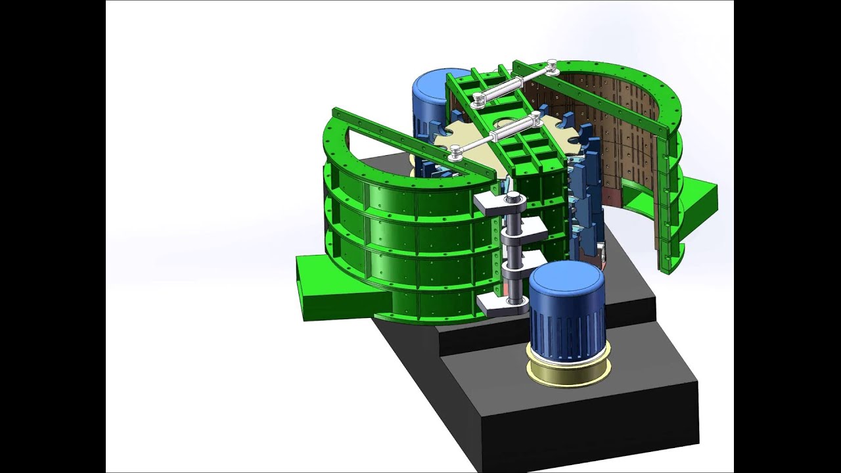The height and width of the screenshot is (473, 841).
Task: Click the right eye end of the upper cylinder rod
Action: click(552, 66)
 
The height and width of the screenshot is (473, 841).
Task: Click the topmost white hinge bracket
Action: click(494, 202)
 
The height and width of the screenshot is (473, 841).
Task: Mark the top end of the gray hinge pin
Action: click(512, 196)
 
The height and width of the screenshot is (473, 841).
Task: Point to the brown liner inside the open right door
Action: click(624, 131)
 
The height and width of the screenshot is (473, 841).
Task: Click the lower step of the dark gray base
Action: click(578, 420)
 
